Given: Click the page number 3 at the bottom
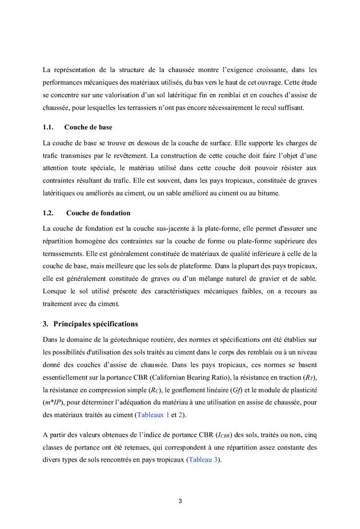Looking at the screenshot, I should pyautogui.click(x=180, y=501).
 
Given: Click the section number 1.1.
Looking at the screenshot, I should pyautogui.click(x=48, y=127).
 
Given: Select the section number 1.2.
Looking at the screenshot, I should pyautogui.click(x=48, y=213).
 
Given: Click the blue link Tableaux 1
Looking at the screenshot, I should pyautogui.click(x=153, y=414).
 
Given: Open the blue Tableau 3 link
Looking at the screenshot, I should pyautogui.click(x=203, y=460).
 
